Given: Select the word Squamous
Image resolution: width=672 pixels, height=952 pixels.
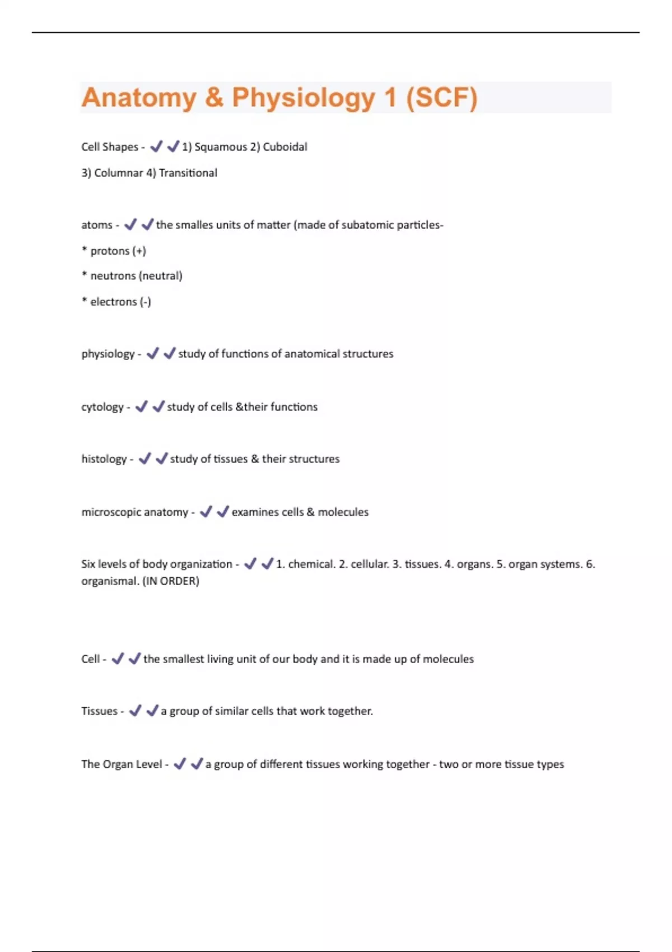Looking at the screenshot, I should point(221,147).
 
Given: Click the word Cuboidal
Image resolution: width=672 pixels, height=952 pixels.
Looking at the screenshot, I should point(285,147).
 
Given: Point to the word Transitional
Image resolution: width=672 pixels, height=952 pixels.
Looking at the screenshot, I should point(188,173).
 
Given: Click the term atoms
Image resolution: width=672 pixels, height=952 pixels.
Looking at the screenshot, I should point(97,225).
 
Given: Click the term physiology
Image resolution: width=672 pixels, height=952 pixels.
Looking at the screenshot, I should point(108,354).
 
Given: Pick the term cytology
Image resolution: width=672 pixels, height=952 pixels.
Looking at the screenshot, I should point(102,407).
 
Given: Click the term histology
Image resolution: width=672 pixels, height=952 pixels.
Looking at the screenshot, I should point(104,459).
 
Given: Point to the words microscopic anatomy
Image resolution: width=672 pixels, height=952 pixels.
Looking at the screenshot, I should point(135,512).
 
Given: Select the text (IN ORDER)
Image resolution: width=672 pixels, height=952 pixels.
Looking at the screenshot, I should point(171,581).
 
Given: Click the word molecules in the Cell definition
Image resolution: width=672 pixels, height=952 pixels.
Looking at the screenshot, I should point(448,659).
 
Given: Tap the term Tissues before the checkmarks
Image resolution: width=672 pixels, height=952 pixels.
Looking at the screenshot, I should point(99,711).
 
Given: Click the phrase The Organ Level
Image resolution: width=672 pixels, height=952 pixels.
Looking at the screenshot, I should point(122,764).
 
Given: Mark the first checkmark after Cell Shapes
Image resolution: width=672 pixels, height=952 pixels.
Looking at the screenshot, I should point(156,147).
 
